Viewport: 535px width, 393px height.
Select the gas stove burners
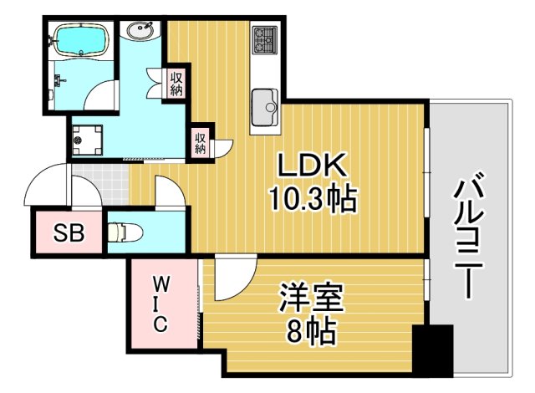coord(265,38)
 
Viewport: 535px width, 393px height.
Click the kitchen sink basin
coord(267,104)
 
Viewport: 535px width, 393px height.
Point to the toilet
coord(125,230)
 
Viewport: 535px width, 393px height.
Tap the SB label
coord(69,233)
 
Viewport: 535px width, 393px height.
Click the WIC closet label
coord(163,304)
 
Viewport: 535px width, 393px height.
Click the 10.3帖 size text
coord(313,199)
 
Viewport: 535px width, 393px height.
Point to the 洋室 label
coord(308,299)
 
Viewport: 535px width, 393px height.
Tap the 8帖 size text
coord(309,332)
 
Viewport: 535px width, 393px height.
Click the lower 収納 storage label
coord(201,142)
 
